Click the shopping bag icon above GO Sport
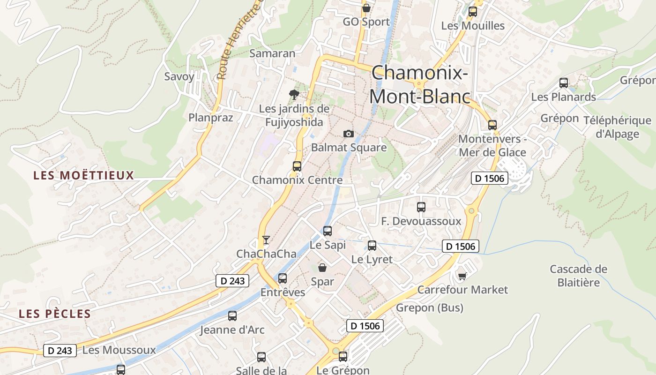point(366,8)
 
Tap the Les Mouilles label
point(473,26)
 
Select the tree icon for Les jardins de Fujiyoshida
point(294,95)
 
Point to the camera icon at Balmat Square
point(348,134)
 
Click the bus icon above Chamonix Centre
point(297,166)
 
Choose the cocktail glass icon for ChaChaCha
point(266,240)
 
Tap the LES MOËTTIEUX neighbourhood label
point(83,176)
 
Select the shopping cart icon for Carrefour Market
point(462,276)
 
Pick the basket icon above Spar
point(322,268)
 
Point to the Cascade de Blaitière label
point(578,276)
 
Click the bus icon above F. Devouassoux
point(421,207)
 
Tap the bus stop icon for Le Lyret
point(372,245)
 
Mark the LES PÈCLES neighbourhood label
point(54,314)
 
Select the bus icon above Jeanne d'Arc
point(232,316)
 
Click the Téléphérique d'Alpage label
point(617,127)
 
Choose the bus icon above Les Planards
point(564,83)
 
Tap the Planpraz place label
point(210,117)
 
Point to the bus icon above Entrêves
point(283,278)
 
